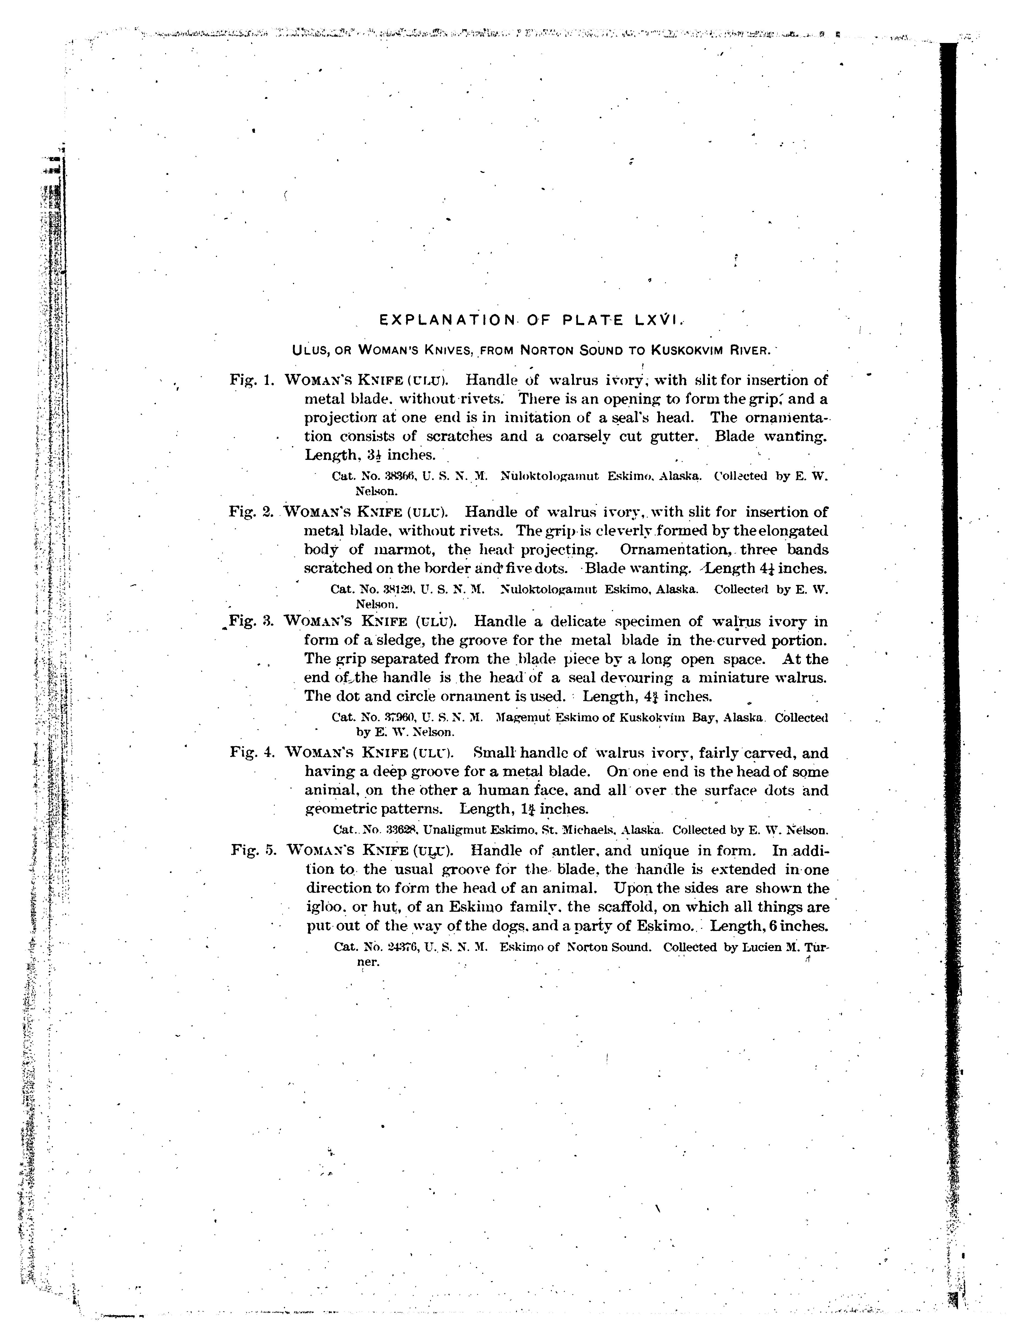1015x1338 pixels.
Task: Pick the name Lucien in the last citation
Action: pos(750,947)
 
